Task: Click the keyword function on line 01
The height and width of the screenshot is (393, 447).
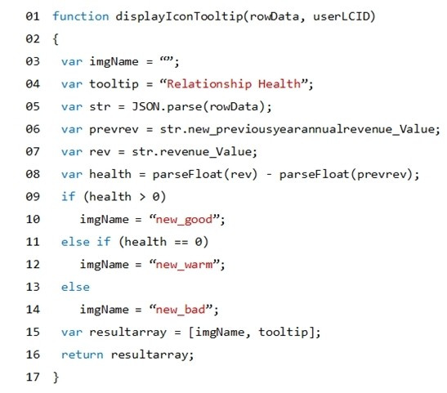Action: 81,16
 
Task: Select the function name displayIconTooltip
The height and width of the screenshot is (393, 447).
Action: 179,16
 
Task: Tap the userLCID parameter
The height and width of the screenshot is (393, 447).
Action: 342,16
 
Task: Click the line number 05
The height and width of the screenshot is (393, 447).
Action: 33,106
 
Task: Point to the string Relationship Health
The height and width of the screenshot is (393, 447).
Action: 234,84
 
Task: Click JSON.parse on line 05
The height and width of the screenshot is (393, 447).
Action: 167,106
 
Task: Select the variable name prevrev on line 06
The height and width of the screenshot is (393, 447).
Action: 114,129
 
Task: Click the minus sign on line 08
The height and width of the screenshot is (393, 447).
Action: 269,174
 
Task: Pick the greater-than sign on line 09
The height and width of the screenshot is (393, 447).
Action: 142,197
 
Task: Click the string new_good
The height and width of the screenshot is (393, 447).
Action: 184,220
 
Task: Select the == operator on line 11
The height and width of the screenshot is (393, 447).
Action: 181,242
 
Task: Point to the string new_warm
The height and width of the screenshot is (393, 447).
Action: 184,265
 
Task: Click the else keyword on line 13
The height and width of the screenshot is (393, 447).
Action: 75,287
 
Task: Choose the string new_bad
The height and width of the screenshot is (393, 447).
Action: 181,310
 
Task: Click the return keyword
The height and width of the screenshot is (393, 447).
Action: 82,355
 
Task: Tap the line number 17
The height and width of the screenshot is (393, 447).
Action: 33,377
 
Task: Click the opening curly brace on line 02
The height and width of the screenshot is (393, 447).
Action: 56,39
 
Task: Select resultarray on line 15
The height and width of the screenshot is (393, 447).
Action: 128,333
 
